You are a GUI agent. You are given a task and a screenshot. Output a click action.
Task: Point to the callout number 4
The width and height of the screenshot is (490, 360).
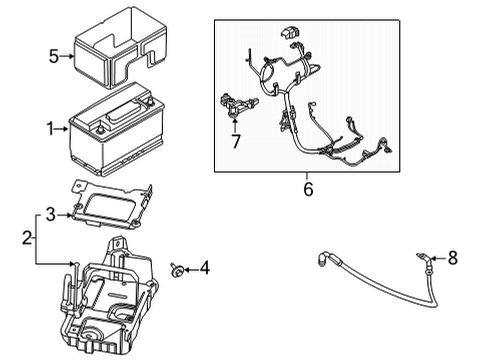pyautogui.click(x=205, y=267)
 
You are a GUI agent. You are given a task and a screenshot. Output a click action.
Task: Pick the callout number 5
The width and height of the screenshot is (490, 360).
pyautogui.click(x=55, y=56)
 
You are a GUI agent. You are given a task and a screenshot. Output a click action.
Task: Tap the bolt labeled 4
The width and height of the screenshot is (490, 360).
pyautogui.click(x=176, y=267)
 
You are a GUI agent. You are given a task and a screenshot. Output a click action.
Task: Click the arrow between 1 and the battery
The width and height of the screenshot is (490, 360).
pyautogui.click(x=62, y=128)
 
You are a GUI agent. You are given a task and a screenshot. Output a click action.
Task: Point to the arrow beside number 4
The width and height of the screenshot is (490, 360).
pyautogui.click(x=191, y=267)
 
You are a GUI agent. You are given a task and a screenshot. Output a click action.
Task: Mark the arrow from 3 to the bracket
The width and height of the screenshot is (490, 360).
pyautogui.click(x=63, y=212)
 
